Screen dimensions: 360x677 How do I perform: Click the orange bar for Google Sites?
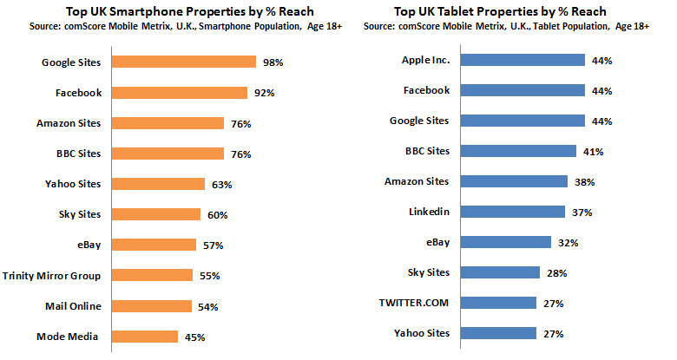[x=183, y=62]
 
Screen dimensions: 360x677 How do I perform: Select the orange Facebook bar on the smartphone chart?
[x=180, y=93]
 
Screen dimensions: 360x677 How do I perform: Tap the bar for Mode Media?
[x=145, y=337]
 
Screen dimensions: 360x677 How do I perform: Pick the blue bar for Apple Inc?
[x=522, y=61]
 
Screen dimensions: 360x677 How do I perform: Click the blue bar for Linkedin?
[x=512, y=212]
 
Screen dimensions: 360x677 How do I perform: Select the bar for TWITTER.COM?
[x=497, y=303]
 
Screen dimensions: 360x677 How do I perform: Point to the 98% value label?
[x=274, y=62]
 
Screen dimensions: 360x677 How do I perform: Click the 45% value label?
[x=196, y=337]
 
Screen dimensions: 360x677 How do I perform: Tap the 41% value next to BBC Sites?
[x=593, y=151]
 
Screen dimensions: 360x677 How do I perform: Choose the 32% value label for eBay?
[x=568, y=242]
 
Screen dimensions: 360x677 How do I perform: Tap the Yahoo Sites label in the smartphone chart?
[x=72, y=184]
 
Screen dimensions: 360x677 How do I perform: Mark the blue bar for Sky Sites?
[x=499, y=272]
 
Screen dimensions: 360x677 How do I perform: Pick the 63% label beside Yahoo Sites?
[x=222, y=184]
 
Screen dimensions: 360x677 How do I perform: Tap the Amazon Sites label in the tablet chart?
[x=417, y=181]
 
